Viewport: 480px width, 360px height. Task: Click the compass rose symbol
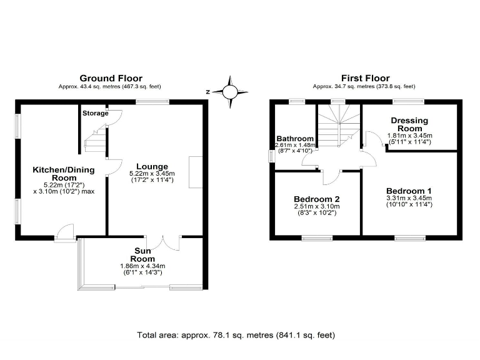pyautogui.click(x=230, y=92)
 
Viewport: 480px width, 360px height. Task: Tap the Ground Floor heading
pyautogui.click(x=111, y=78)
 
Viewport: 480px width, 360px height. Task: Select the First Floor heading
pyautogui.click(x=366, y=78)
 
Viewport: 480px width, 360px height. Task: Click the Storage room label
pyautogui.click(x=96, y=113)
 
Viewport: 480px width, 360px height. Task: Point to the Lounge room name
pyautogui.click(x=152, y=166)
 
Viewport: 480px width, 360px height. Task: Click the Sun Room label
pyautogui.click(x=142, y=255)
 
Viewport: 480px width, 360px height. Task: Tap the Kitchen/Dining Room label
pyautogui.click(x=64, y=174)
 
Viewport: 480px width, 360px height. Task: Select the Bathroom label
pyautogui.click(x=295, y=139)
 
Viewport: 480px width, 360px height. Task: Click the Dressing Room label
pyautogui.click(x=409, y=124)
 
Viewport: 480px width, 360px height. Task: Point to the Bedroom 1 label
pyautogui.click(x=409, y=191)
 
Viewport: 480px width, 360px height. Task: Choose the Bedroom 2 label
pyautogui.click(x=317, y=199)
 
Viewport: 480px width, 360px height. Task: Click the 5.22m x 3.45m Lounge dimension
pyautogui.click(x=152, y=174)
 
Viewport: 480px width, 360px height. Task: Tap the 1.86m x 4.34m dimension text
pyautogui.click(x=143, y=266)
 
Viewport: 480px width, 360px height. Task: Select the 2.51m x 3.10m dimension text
pyautogui.click(x=317, y=207)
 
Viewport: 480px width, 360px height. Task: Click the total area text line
pyautogui.click(x=236, y=335)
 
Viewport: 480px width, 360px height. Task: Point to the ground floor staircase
pyautogui.click(x=96, y=139)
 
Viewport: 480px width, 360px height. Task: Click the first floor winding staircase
pyautogui.click(x=339, y=126)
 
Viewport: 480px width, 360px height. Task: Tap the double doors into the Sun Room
pyautogui.click(x=163, y=243)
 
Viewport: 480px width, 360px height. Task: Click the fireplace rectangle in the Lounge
pyautogui.click(x=196, y=172)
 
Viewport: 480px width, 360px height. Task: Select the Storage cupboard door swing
pyautogui.click(x=114, y=118)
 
